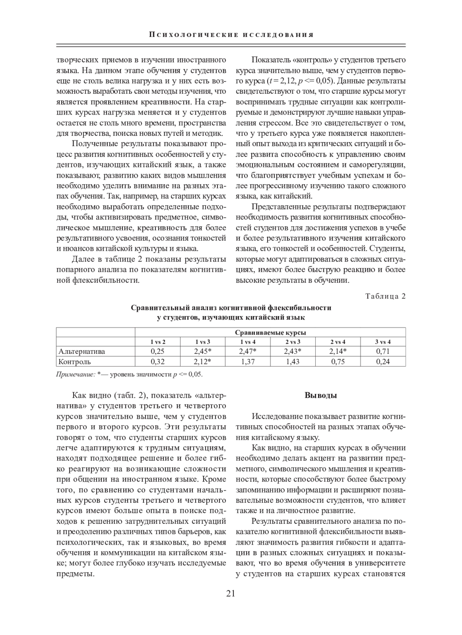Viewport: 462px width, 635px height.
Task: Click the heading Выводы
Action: pos(321,395)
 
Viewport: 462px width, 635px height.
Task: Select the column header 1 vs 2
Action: pos(157,342)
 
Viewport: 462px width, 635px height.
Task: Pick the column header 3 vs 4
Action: pos(383,342)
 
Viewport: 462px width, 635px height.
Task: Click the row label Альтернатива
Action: pos(82,351)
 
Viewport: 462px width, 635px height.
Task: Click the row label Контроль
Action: pos(74,362)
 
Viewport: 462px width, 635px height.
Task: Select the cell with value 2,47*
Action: pos(248,351)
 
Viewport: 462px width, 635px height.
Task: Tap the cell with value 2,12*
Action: pos(203,362)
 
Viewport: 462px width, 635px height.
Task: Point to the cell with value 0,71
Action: pos(383,351)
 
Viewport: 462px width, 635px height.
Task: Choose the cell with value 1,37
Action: pos(248,362)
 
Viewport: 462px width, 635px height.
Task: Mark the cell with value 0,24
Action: pos(383,362)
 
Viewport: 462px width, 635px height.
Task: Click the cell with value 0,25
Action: pos(157,351)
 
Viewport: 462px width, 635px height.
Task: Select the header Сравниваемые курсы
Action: pos(270,332)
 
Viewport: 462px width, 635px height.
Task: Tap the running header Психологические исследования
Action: pos(231,35)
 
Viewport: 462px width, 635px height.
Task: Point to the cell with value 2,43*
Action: pos(293,351)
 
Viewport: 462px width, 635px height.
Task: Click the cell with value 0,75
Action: pos(338,362)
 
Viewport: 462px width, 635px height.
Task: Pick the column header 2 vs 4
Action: pos(338,342)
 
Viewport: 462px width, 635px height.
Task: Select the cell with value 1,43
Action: pos(293,362)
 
